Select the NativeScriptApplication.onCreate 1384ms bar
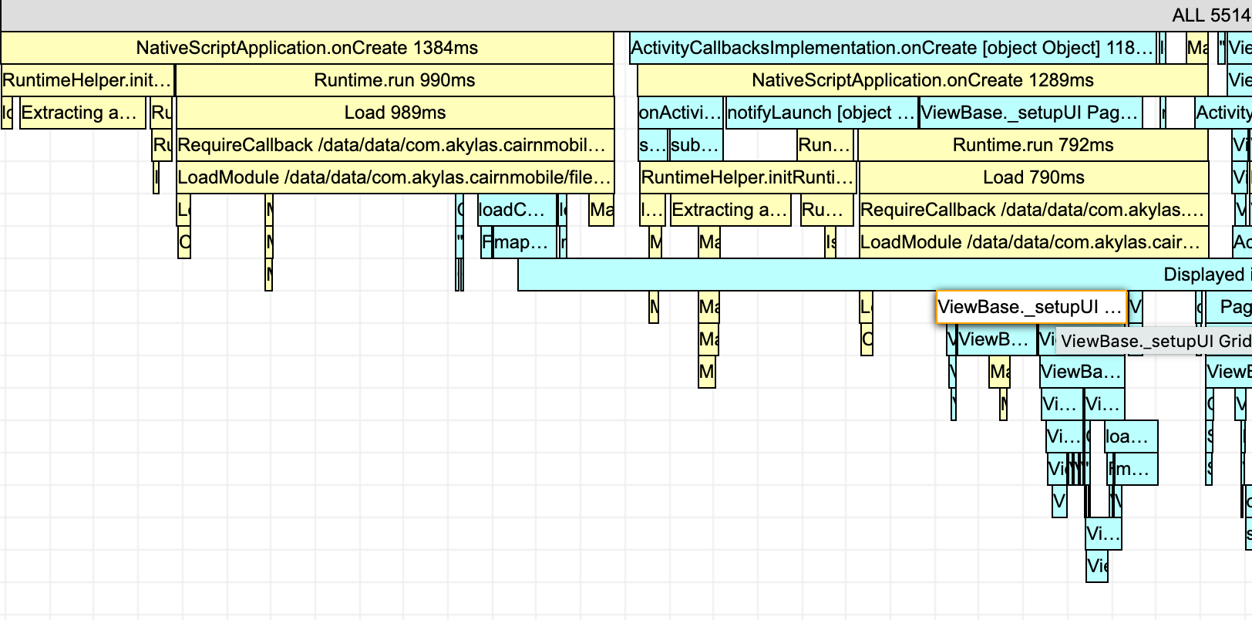tap(307, 48)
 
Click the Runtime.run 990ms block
tap(395, 80)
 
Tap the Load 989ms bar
tap(395, 113)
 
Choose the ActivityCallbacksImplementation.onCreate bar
tap(892, 48)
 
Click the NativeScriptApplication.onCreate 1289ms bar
tap(922, 80)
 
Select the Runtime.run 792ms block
tap(1033, 145)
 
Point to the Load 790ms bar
tap(1033, 177)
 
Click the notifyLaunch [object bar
tap(820, 113)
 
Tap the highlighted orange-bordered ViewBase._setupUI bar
tap(1031, 307)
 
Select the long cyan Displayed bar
tap(879, 275)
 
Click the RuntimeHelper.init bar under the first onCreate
tap(87, 80)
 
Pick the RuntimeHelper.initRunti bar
tap(747, 177)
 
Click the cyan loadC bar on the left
tap(517, 210)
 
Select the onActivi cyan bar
tap(680, 113)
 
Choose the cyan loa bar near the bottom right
tap(1130, 436)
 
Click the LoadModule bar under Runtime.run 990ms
tap(395, 177)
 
